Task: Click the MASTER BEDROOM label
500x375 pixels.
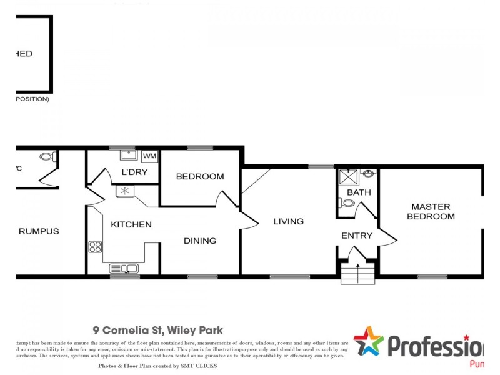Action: point(431,211)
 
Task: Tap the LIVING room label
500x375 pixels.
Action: point(288,221)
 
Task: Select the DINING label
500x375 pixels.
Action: point(200,241)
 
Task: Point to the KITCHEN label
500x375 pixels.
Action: point(131,224)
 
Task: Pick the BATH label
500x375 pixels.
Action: point(359,192)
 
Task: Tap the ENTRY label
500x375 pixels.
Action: point(357,236)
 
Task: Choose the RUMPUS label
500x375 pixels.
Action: point(39,231)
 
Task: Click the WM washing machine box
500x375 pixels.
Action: point(150,156)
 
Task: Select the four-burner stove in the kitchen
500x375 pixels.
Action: point(95,247)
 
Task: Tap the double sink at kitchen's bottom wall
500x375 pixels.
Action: point(124,269)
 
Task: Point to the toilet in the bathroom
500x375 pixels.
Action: point(347,203)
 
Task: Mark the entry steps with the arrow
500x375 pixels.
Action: point(357,273)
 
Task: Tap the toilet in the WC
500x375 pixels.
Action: point(46,157)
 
